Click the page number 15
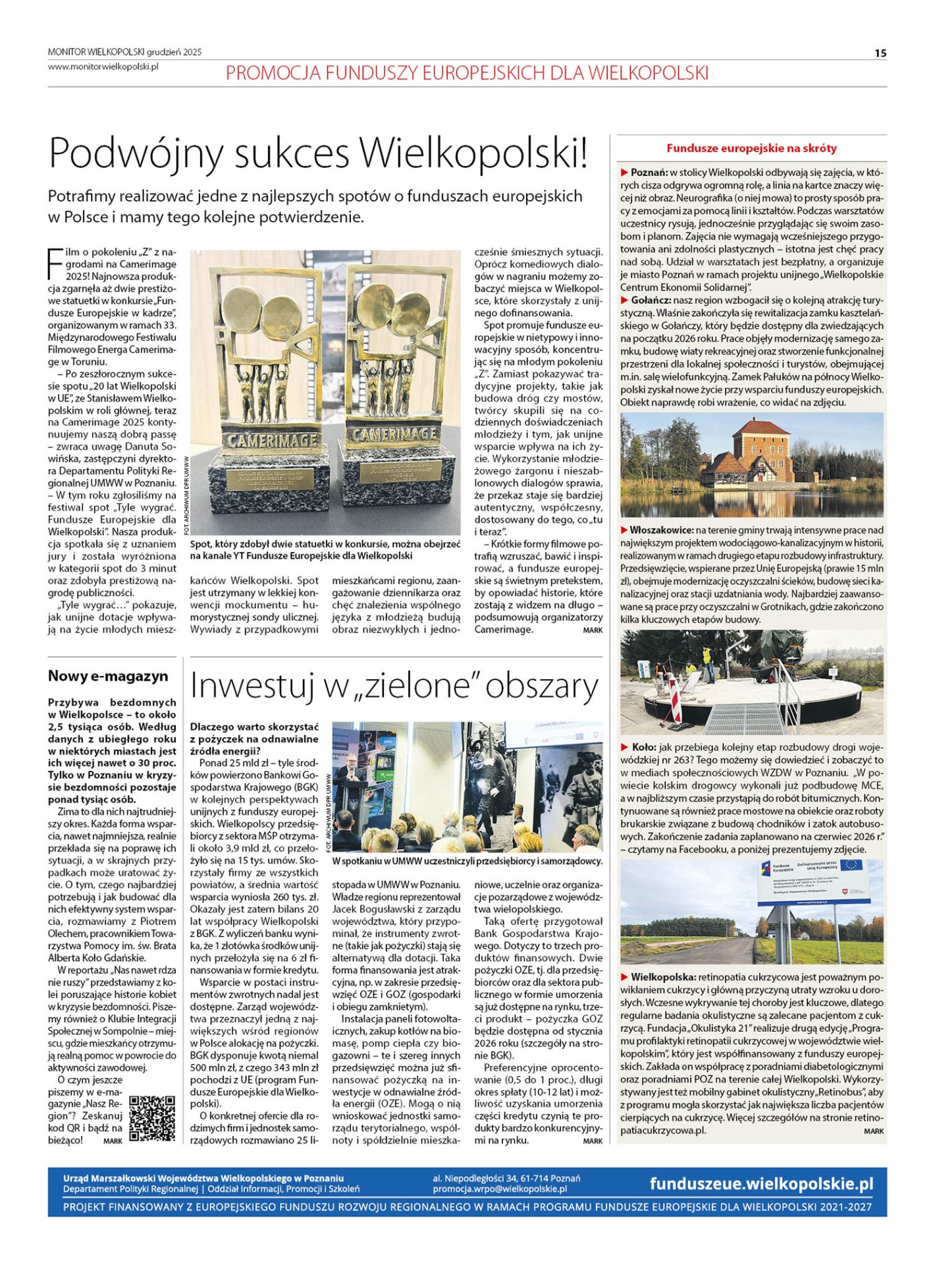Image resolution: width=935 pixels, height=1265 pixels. click(x=880, y=53)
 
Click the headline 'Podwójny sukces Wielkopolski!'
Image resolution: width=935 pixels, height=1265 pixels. click(x=318, y=153)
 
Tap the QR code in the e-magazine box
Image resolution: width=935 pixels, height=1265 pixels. click(x=152, y=1118)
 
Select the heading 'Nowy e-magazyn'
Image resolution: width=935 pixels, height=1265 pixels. click(x=108, y=676)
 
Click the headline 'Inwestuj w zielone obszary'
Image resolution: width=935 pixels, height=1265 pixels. click(x=394, y=687)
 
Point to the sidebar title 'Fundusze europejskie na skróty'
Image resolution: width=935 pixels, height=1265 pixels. click(x=751, y=148)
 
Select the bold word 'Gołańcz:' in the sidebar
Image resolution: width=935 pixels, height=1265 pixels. click(x=651, y=300)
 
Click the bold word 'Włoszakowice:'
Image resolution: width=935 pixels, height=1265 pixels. click(x=661, y=530)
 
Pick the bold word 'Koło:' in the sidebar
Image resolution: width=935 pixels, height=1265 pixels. click(x=643, y=747)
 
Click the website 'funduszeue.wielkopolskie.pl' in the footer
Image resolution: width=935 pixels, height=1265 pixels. click(x=761, y=1184)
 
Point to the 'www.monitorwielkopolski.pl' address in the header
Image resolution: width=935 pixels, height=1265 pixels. click(x=103, y=67)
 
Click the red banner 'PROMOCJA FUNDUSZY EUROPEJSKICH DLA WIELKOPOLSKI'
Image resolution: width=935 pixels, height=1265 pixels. click(x=467, y=72)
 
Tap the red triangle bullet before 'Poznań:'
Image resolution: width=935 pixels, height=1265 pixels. click(x=624, y=173)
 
